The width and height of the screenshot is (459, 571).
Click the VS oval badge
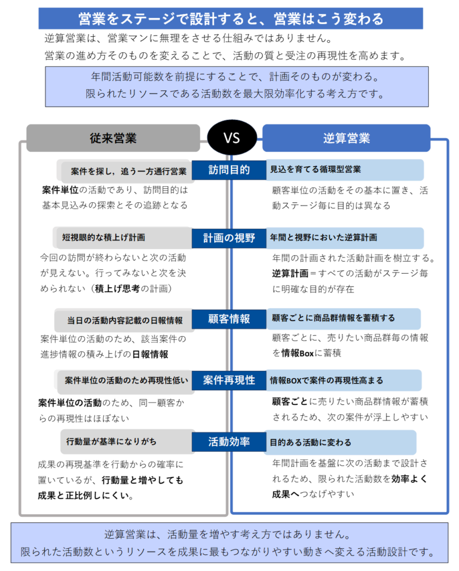[231, 137]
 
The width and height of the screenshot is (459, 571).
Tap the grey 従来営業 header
[113, 138]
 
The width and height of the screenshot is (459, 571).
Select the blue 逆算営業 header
[346, 138]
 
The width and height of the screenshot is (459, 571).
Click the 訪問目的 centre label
[229, 170]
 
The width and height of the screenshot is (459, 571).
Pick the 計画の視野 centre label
[229, 238]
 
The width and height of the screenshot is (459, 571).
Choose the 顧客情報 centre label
[229, 319]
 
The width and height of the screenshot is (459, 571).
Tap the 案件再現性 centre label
[229, 380]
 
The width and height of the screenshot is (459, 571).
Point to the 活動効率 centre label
[229, 442]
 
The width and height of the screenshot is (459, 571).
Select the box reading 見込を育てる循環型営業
[345, 170]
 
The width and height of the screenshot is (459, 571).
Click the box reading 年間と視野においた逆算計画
[345, 238]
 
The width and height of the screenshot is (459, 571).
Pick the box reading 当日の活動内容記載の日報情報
[124, 320]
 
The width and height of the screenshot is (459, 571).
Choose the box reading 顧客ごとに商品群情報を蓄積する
[344, 318]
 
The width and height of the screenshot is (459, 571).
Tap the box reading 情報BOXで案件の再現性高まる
[344, 380]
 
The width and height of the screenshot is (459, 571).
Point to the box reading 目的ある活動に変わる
[340, 442]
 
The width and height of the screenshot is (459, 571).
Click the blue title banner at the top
[231, 18]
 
